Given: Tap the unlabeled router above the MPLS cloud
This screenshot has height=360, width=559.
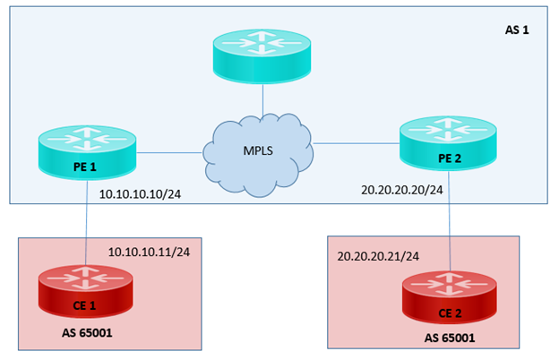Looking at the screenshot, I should click(x=262, y=56).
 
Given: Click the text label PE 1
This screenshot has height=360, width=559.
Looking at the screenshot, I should click(x=86, y=166).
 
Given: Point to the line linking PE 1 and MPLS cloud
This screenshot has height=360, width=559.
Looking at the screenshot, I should click(x=170, y=152).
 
